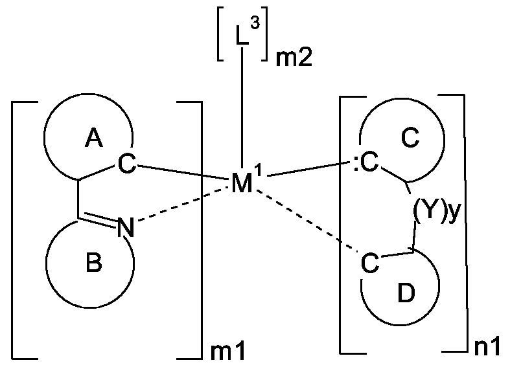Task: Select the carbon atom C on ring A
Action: [x=128, y=165]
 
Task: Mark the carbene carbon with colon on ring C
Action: [x=364, y=165]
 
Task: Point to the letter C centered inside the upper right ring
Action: [x=412, y=139]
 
